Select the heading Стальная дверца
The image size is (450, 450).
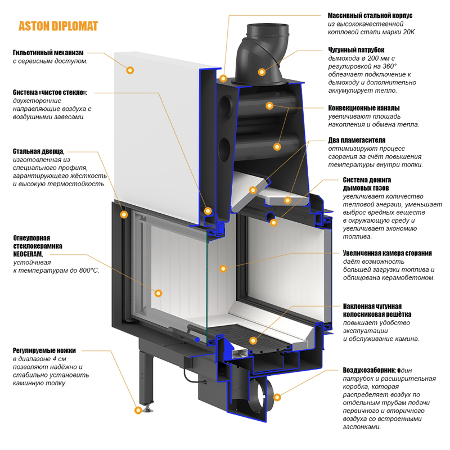click(38, 151)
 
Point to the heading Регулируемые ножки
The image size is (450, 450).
click(43, 350)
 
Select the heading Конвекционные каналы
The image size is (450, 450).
click(364, 108)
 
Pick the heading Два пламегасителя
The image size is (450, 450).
click(357, 140)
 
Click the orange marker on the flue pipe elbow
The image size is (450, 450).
click(262, 71)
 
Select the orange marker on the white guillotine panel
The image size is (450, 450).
click(130, 70)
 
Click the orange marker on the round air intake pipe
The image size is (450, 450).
click(276, 397)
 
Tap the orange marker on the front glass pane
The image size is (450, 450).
click(158, 293)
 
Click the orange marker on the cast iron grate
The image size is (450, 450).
click(253, 340)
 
